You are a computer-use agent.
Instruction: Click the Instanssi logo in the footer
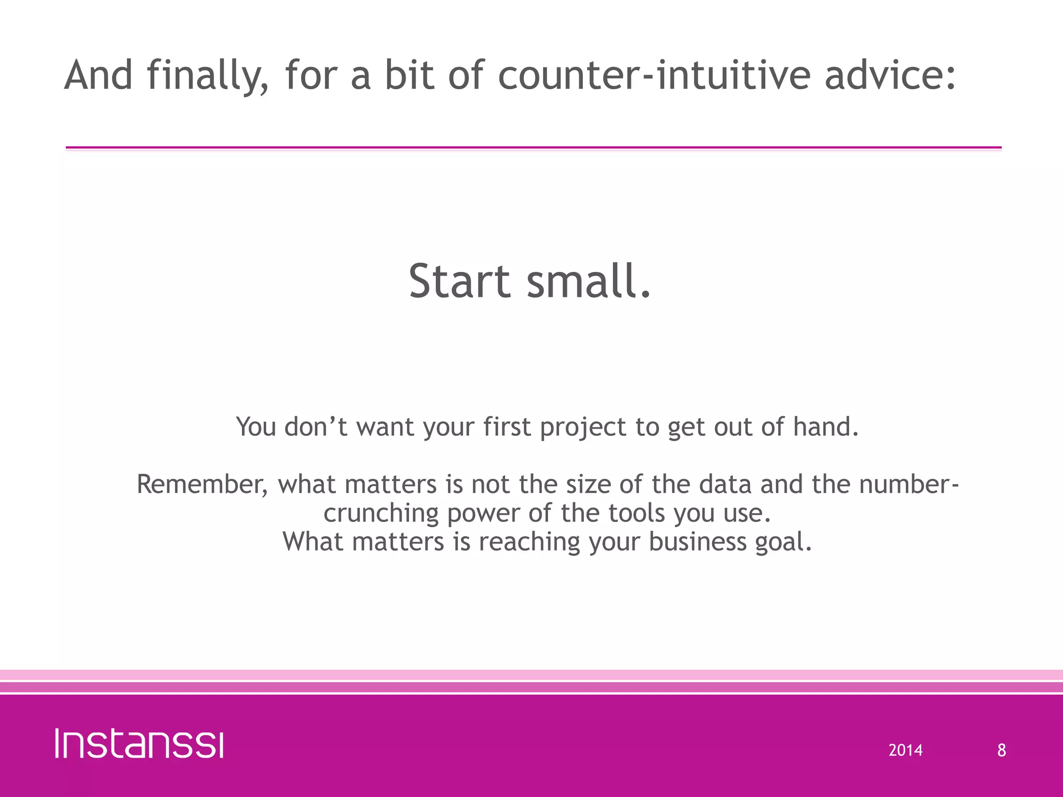139,744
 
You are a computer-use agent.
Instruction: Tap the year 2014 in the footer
905,750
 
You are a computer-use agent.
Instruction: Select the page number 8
1001,750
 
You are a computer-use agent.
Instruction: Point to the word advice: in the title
890,75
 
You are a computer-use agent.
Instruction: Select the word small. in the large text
589,281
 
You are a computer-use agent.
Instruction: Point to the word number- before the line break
908,485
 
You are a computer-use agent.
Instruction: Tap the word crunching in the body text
381,514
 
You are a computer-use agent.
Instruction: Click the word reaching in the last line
529,542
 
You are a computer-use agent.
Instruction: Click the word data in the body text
725,485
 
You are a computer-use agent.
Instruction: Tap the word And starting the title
99,75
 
